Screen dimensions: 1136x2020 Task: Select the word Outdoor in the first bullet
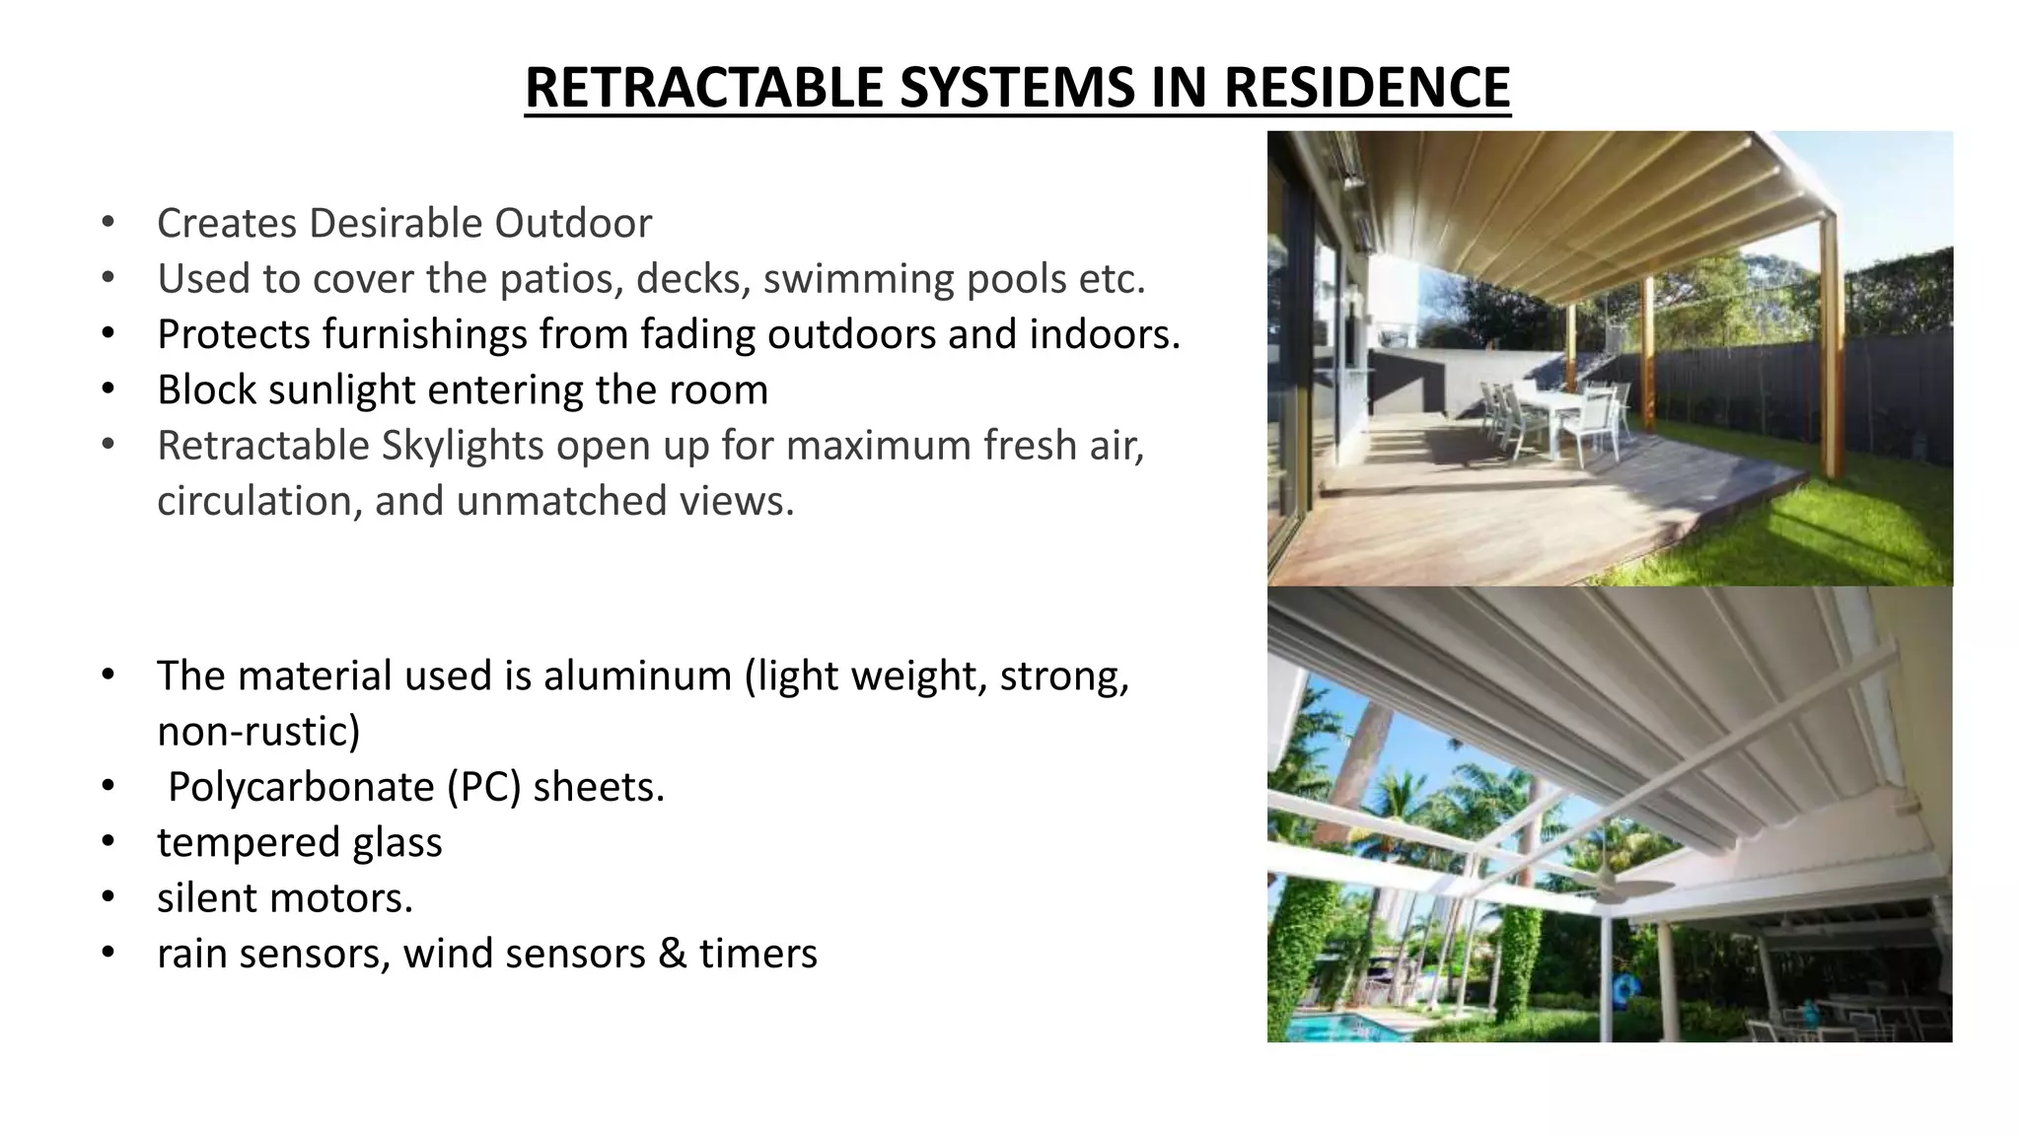pos(572,223)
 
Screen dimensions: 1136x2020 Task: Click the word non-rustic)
pos(258,732)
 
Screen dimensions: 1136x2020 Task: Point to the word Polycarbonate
pos(301,787)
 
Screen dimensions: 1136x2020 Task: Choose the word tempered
pos(234,843)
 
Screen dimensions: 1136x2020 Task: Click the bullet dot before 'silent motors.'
pos(108,897)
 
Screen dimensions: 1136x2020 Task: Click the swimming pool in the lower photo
pos(1351,1026)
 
